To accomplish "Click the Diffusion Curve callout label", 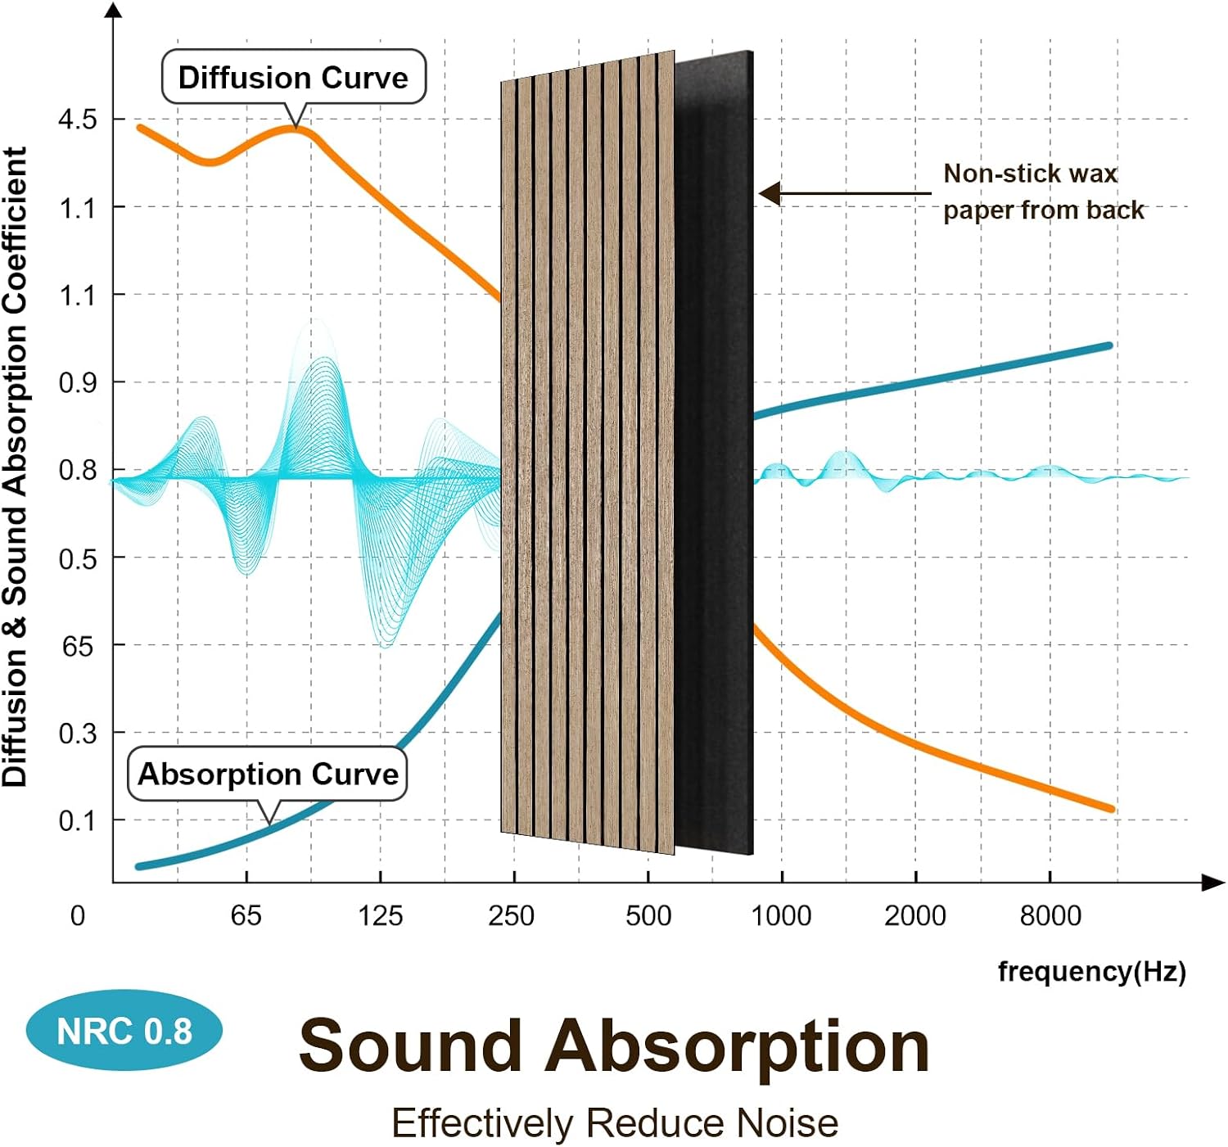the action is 294,78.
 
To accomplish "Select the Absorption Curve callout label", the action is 267,774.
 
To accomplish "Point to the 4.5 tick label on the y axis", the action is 78,120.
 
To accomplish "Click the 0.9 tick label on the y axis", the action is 78,384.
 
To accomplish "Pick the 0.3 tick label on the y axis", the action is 78,734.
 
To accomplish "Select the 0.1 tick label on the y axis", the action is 78,822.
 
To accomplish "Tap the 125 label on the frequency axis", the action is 381,916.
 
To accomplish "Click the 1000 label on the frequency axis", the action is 781,916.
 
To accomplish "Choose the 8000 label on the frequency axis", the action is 1050,916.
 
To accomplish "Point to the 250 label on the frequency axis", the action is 512,916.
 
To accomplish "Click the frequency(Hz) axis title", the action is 1092,972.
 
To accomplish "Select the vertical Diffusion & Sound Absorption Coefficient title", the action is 15,467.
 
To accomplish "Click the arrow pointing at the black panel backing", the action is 845,194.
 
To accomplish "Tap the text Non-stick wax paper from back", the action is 1043,192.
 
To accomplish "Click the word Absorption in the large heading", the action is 737,1046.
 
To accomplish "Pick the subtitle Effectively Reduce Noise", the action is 616,1123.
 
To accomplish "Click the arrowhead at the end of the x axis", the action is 1213,883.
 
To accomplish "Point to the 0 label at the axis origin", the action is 78,916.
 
